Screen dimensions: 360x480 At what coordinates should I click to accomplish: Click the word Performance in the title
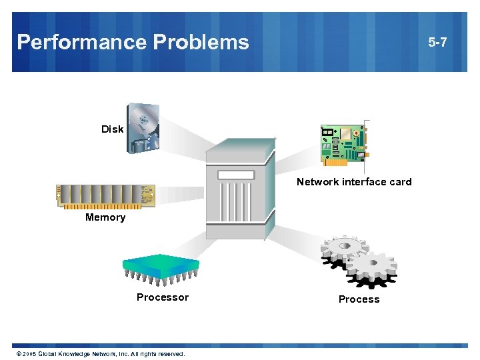point(82,43)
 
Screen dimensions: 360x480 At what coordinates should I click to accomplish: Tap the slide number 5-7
point(438,43)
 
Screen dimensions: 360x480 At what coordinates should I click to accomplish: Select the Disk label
point(112,129)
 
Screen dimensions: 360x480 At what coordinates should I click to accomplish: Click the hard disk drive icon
point(143,128)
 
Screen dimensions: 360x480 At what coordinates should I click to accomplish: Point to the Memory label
point(105,217)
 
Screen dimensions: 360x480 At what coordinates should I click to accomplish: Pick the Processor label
point(163,297)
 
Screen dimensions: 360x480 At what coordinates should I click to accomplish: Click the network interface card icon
point(344,144)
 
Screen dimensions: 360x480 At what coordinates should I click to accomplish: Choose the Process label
point(359,299)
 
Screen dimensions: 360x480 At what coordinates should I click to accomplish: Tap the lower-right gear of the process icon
point(371,269)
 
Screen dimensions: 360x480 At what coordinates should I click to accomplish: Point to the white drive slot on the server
point(235,175)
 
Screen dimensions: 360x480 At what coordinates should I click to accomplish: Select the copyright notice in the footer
point(100,353)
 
